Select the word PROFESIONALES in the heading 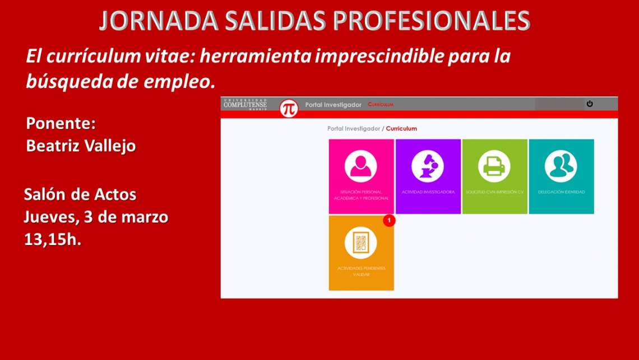pyautogui.click(x=432, y=21)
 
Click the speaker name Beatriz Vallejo pyautogui.click(x=81, y=146)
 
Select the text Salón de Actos pyautogui.click(x=80, y=195)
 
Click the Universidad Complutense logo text pyautogui.click(x=245, y=104)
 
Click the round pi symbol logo pyautogui.click(x=289, y=107)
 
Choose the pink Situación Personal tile pyautogui.click(x=361, y=176)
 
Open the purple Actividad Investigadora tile pyautogui.click(x=428, y=176)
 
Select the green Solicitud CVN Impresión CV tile pyautogui.click(x=494, y=176)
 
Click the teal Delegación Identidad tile pyautogui.click(x=561, y=176)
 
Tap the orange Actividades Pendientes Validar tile pyautogui.click(x=361, y=253)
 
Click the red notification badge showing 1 pyautogui.click(x=389, y=220)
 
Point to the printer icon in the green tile pyautogui.click(x=494, y=166)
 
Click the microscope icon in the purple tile pyautogui.click(x=427, y=166)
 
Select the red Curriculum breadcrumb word pyautogui.click(x=401, y=128)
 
